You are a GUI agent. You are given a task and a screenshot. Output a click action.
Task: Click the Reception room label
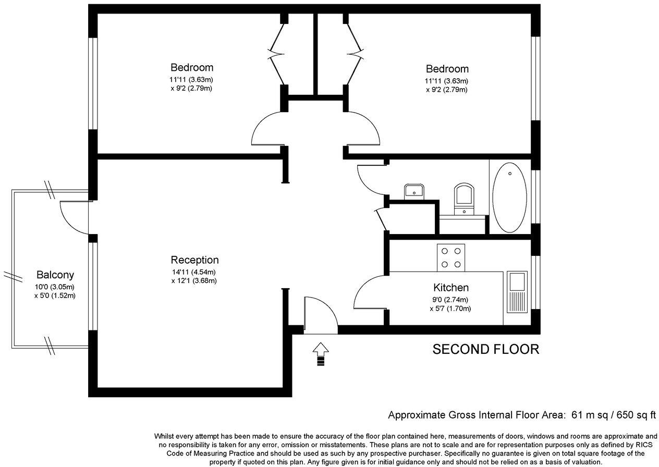(194, 260)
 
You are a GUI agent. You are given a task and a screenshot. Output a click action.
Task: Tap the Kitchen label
(450, 287)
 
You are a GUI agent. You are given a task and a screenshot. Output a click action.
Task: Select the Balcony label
(55, 275)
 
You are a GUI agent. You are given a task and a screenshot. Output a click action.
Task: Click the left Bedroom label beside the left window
(192, 67)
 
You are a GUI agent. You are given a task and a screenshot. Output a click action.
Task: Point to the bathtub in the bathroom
(509, 198)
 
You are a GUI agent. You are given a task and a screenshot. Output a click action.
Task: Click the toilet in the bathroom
(464, 199)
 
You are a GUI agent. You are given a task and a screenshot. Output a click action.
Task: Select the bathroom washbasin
(414, 191)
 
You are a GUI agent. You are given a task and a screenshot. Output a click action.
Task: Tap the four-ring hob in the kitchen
(451, 257)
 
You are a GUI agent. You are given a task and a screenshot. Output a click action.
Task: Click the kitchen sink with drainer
(517, 292)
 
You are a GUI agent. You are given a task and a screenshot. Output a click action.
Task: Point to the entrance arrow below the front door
(321, 354)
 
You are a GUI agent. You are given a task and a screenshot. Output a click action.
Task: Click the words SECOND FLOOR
(486, 349)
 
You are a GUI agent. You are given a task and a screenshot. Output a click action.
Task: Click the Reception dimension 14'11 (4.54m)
(194, 272)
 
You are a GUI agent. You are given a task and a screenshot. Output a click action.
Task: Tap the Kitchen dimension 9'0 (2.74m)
(450, 300)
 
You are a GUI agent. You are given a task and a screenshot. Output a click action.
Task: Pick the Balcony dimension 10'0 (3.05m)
(54, 287)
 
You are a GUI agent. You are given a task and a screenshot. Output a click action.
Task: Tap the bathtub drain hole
(510, 174)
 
